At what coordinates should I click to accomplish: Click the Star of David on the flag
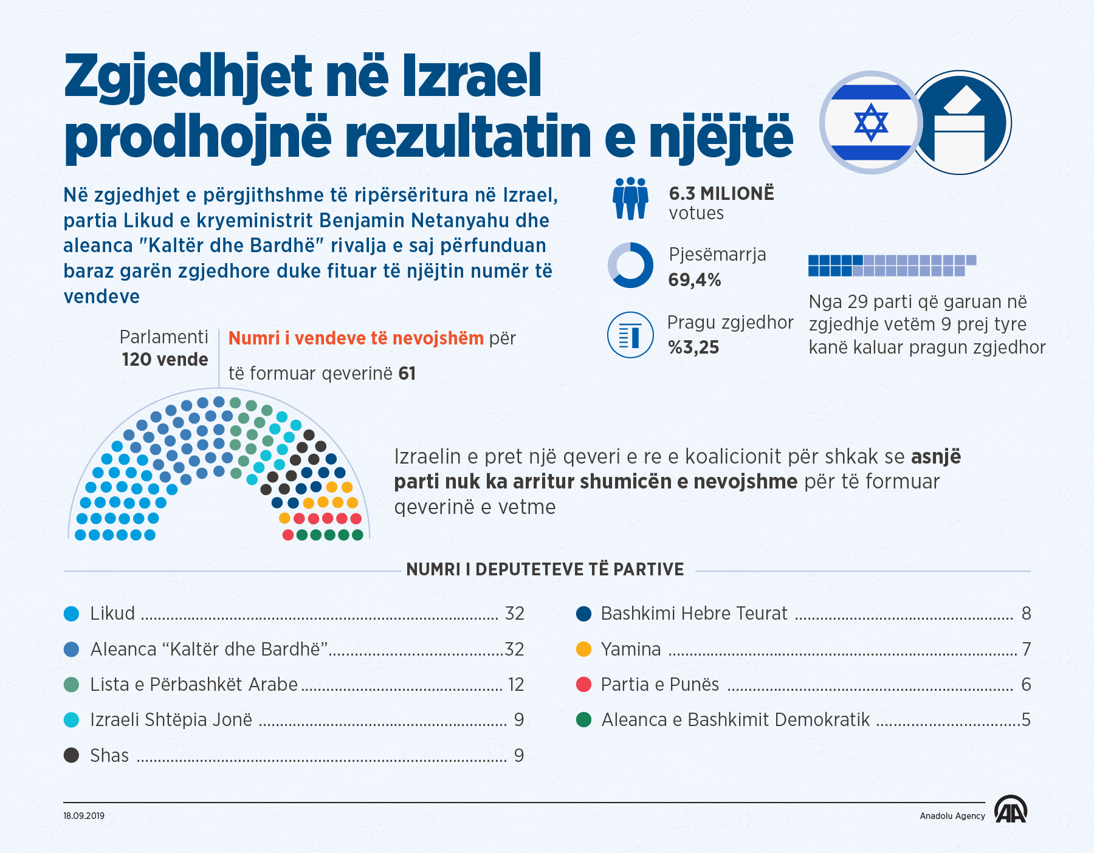coord(870,122)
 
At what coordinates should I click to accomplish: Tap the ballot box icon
coord(960,123)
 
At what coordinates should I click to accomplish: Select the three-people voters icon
coord(630,199)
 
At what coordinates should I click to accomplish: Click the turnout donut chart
coord(630,265)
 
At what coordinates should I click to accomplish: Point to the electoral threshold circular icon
coord(630,335)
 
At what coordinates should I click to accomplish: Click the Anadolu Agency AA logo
coord(1010,810)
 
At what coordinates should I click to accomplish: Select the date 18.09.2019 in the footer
coord(84,816)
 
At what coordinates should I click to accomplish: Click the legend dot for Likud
coord(72,614)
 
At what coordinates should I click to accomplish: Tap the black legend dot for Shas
coord(72,755)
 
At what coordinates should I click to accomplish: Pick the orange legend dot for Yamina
coord(583,649)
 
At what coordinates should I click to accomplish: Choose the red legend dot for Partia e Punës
coord(583,685)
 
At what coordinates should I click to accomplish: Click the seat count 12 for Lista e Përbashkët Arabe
coord(515,685)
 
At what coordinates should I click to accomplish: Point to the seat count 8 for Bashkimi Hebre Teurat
coord(1026,614)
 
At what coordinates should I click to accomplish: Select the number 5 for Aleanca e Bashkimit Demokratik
coord(1026,720)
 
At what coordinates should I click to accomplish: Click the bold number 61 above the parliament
coord(407,373)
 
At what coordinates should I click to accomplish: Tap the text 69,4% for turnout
coord(694,280)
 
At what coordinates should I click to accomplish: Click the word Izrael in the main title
coord(472,77)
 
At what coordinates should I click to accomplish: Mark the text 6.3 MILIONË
coord(721,194)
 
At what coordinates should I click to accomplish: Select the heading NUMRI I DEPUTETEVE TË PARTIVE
coord(545,570)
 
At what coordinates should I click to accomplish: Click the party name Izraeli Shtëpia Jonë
coord(171,720)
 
